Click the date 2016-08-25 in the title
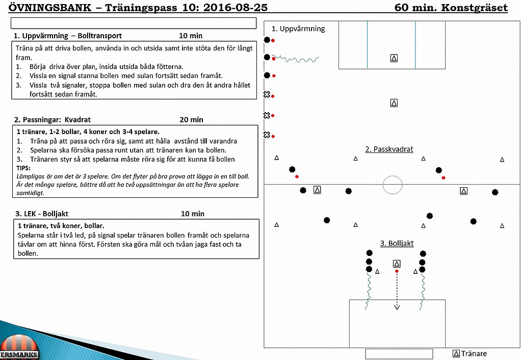pyautogui.click(x=235, y=7)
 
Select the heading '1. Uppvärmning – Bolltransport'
pyautogui.click(x=68, y=36)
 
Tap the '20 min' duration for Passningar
pyautogui.click(x=192, y=119)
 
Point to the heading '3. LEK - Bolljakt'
pyautogui.click(x=42, y=214)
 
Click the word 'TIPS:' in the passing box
pyautogui.click(x=23, y=168)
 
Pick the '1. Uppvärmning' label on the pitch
pyautogui.click(x=298, y=29)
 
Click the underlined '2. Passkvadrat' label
pyautogui.click(x=389, y=149)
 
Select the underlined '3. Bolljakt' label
pyautogui.click(x=397, y=243)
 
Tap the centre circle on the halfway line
pyautogui.click(x=393, y=176)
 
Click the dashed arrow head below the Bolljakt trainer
pyautogui.click(x=397, y=307)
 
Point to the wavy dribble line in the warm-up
pyautogui.click(x=296, y=59)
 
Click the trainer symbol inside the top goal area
pyautogui.click(x=394, y=58)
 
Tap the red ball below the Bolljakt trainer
pyautogui.click(x=397, y=271)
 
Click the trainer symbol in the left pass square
pyautogui.click(x=317, y=190)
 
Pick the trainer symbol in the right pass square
pyautogui.click(x=464, y=191)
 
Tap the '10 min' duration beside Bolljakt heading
pyautogui.click(x=193, y=214)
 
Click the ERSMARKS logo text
pyautogui.click(x=19, y=355)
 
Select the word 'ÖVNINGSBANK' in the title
pyautogui.click(x=49, y=7)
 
